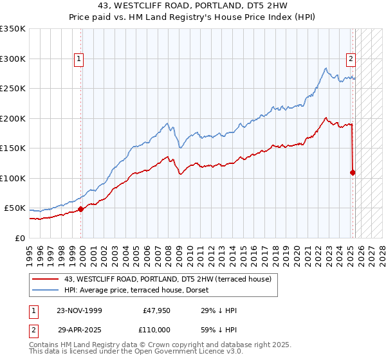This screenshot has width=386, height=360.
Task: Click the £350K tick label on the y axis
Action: pyautogui.click(x=13, y=29)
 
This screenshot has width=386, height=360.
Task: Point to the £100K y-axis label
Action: pyautogui.click(x=13, y=178)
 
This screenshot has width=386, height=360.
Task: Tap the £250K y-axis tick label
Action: pyautogui.click(x=13, y=89)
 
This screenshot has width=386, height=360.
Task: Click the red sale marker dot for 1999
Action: pyautogui.click(x=81, y=209)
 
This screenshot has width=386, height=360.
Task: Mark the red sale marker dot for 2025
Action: pyautogui.click(x=353, y=172)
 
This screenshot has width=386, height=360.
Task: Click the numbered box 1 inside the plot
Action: pyautogui.click(x=78, y=59)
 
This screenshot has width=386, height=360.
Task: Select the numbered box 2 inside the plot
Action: pyautogui.click(x=351, y=59)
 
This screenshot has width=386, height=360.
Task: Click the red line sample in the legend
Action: pyautogui.click(x=46, y=279)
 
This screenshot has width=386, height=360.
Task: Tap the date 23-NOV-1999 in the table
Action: pyautogui.click(x=79, y=310)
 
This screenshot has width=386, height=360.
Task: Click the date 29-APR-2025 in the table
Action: pyautogui.click(x=79, y=329)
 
